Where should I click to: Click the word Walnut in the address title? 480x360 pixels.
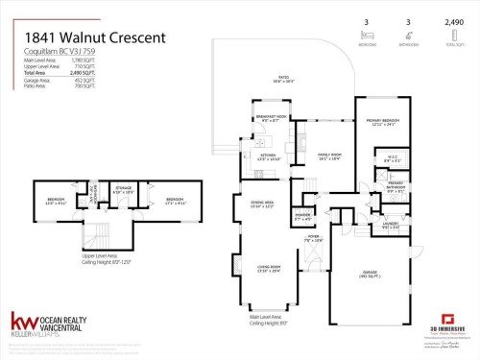tap(85, 37)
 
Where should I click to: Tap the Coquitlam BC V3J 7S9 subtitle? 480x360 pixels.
tap(52, 52)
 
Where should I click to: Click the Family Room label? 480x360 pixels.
tap(330, 156)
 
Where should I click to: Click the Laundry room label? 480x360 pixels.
tap(390, 226)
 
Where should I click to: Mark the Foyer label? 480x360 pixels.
tap(312, 235)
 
